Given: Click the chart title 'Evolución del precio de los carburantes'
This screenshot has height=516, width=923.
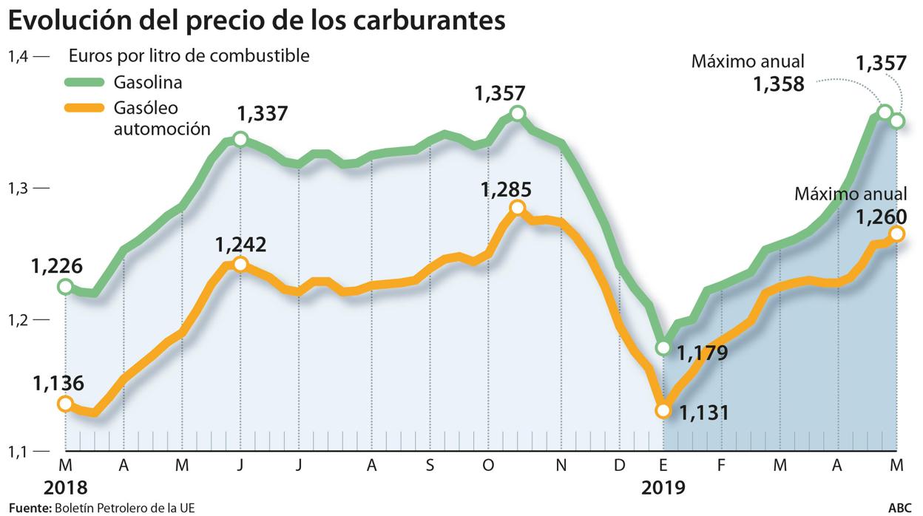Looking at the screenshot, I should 257,21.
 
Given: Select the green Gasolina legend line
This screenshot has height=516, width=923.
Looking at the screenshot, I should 86,81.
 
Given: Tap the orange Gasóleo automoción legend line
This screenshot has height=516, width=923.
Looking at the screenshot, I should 86,108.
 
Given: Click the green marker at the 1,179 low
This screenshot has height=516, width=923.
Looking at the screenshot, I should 663,347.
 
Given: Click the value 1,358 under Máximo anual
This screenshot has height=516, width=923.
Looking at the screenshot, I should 778,84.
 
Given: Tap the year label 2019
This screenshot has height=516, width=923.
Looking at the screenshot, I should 663,488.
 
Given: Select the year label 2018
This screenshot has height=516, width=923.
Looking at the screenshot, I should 65,488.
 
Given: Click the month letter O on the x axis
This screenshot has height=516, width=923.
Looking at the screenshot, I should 487,466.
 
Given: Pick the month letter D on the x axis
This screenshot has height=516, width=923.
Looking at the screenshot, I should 620,466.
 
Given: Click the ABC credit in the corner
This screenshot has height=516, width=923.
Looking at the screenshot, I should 900,508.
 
